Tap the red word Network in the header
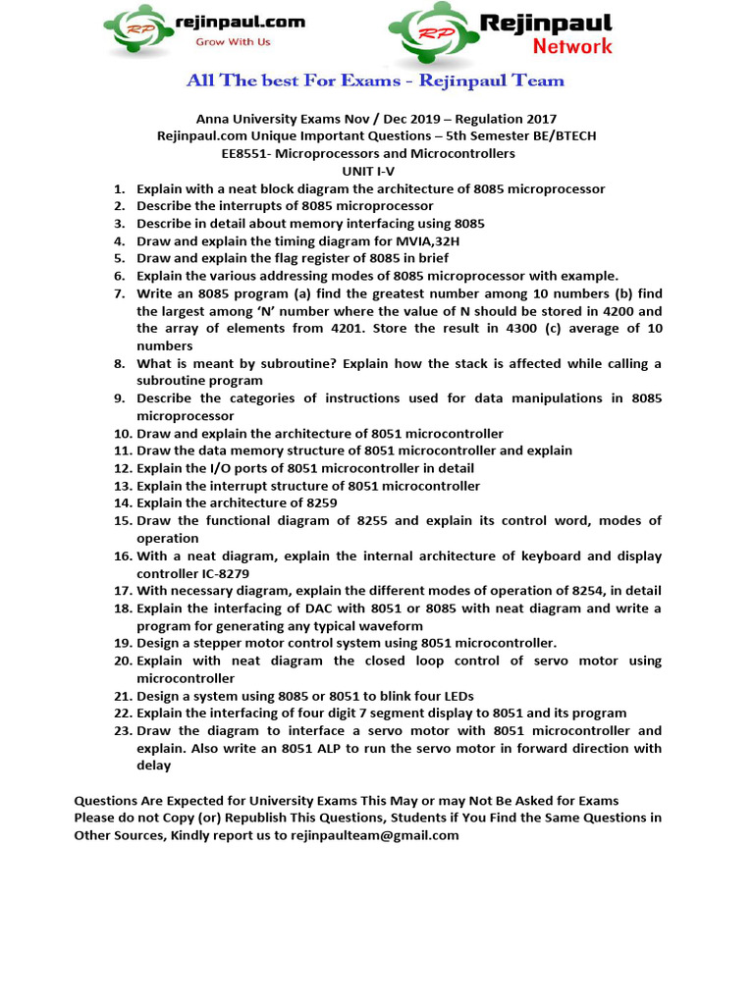[x=571, y=46]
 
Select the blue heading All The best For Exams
[x=376, y=80]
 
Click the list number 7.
[x=119, y=293]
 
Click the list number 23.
[x=122, y=731]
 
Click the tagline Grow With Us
[x=233, y=42]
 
